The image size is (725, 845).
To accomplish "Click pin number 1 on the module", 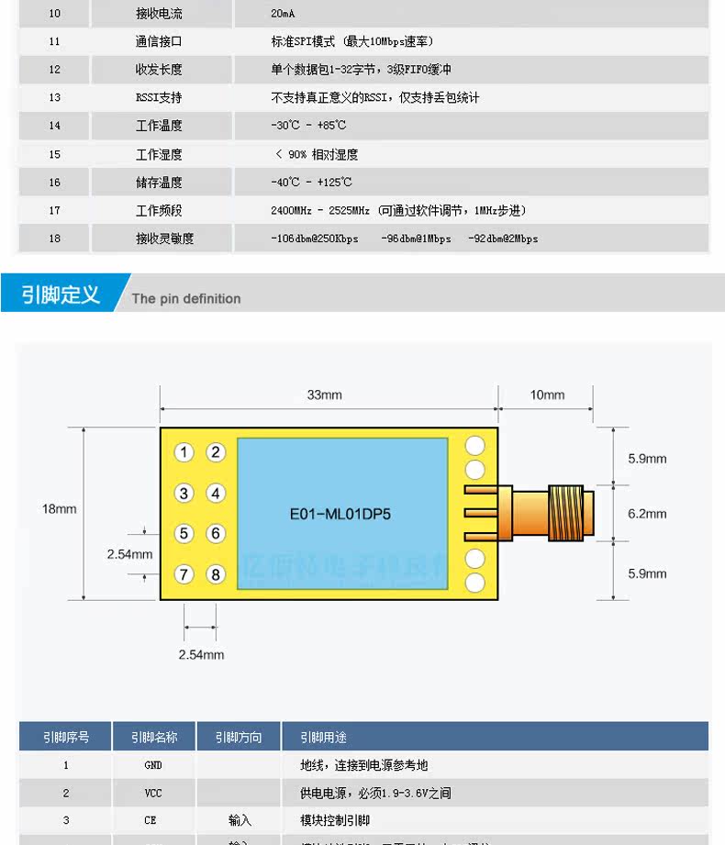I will (x=185, y=452).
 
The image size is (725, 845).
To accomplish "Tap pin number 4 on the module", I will (x=216, y=494).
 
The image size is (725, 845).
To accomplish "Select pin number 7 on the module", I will (x=185, y=574).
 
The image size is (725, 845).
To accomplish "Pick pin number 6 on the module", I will (x=216, y=534).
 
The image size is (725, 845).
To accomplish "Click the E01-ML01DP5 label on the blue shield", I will (x=340, y=514).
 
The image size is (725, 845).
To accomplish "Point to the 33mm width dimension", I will (x=324, y=395).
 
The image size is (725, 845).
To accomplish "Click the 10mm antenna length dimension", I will (x=547, y=395).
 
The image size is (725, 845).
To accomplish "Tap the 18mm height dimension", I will (x=59, y=508).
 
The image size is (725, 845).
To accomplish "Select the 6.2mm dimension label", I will (x=647, y=514).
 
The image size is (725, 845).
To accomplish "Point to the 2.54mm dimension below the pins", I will (x=201, y=654).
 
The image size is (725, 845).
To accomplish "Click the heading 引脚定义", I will (x=61, y=295).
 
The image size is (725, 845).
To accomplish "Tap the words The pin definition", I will (x=186, y=298).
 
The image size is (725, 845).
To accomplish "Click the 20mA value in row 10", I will (x=284, y=14).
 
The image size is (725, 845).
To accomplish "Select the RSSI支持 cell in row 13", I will (x=159, y=97).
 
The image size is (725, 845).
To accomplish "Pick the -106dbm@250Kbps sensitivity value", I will (x=315, y=239).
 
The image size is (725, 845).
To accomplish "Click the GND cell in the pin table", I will (x=153, y=765).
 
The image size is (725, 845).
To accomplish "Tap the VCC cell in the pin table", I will (x=153, y=793).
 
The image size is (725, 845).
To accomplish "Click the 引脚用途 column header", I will (x=323, y=737).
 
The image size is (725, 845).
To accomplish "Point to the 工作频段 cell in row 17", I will (x=159, y=210).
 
